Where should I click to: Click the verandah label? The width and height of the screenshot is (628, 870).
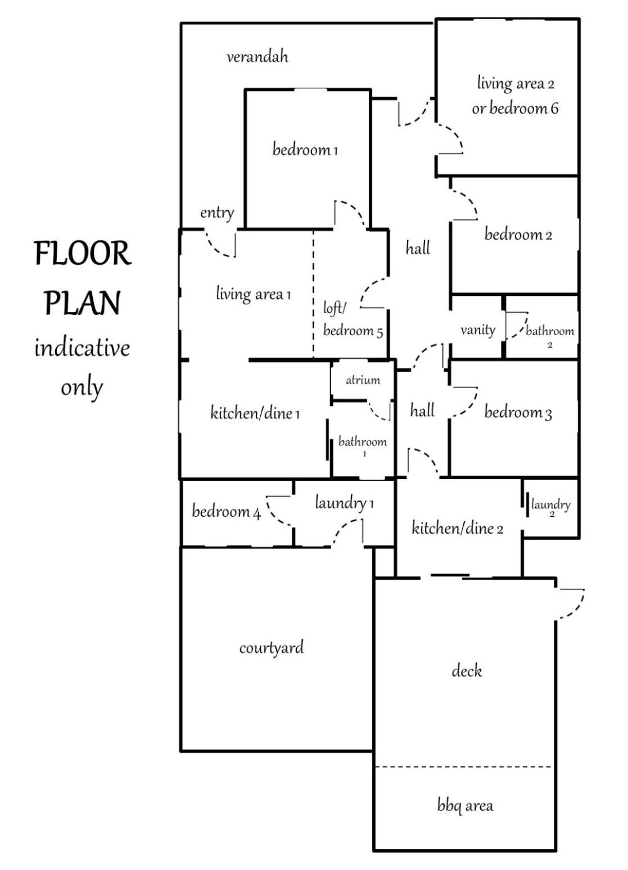257,57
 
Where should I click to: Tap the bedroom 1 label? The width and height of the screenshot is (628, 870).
305,150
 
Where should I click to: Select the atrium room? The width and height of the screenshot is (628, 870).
363,381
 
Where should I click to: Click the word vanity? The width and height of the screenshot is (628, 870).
478,331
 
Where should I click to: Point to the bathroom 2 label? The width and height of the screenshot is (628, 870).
550,335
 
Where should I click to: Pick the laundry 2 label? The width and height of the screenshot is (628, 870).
551,507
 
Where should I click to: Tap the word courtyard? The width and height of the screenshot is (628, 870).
272,648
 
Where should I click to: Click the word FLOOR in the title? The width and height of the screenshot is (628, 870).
83,253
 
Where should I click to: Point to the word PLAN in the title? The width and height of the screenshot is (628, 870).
82,303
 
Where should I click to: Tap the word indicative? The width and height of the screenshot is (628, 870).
82,348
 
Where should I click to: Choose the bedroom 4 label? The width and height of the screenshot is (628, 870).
226,512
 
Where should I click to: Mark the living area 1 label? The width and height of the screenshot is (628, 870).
253,294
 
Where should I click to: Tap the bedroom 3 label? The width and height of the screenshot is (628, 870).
518,412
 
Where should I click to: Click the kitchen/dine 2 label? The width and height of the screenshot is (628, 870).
458,528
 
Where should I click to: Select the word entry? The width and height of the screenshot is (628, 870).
217,213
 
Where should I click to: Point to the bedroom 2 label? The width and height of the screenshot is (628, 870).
518,235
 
